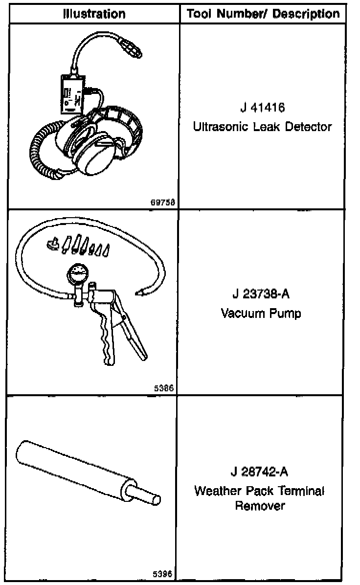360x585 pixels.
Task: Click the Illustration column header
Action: coord(94,13)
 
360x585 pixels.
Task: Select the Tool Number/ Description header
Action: coord(263,13)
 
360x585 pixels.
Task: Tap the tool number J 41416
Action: coord(263,108)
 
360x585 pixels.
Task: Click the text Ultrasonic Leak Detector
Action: coord(263,127)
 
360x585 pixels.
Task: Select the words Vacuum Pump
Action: coord(261,313)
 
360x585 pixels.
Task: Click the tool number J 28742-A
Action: coord(259,472)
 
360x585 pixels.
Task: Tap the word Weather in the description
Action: coord(215,491)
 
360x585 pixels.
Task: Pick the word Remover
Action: coord(260,506)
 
